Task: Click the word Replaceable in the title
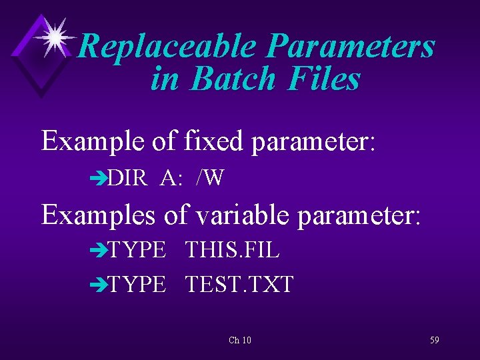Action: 167,47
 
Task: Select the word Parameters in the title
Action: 351,47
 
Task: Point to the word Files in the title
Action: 325,79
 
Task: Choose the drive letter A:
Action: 172,178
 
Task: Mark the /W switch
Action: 210,178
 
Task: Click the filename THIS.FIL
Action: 232,251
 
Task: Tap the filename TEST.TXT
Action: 239,285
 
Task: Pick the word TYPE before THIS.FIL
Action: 137,251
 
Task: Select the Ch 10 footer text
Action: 240,341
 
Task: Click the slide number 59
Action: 434,340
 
